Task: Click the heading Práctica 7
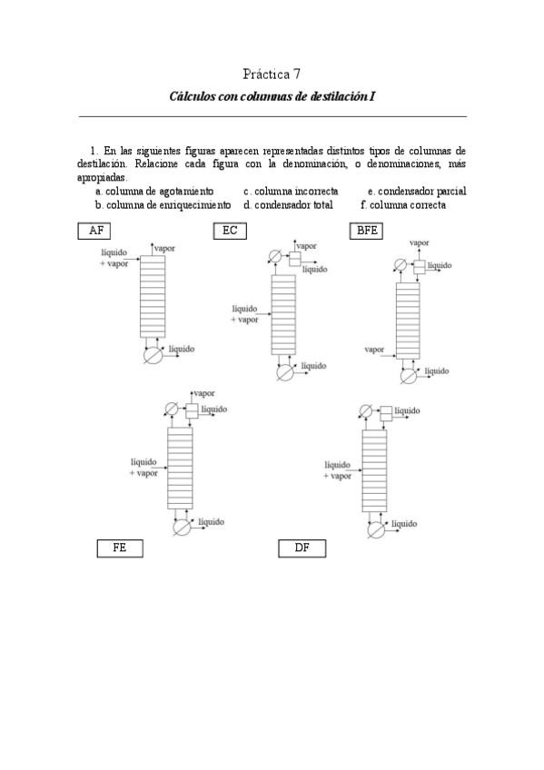tap(272, 73)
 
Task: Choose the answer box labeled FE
tap(120, 548)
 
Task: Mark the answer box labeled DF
tap(302, 548)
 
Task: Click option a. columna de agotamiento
tap(154, 192)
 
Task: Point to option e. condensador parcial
tap(416, 192)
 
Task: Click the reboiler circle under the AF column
tap(153, 355)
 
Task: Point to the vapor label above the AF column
tap(165, 247)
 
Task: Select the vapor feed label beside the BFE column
tap(374, 349)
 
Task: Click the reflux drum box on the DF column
tap(386, 413)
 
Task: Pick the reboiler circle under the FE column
tap(183, 528)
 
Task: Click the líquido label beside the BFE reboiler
tap(437, 370)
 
